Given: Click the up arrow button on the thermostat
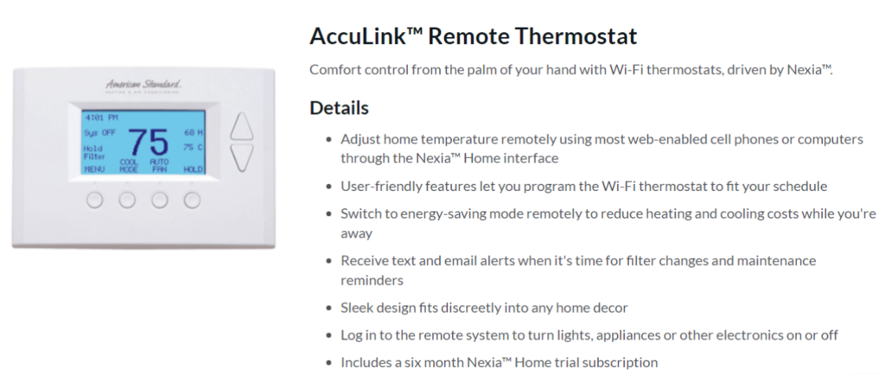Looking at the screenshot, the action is coord(242,126).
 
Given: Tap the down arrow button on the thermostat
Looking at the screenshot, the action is coord(242,157).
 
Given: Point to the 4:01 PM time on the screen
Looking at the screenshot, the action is coord(101,118).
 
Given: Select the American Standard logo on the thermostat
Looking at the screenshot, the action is coord(143,86).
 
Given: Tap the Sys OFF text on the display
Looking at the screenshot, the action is coord(99,134).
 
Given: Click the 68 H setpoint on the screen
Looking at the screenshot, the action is coord(193,133).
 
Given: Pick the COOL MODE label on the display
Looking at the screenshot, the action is coord(129,166).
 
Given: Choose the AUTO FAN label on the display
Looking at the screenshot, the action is coord(159,166).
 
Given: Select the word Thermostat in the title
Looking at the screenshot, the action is coord(568,36).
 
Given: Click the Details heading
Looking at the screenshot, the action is coord(339,108).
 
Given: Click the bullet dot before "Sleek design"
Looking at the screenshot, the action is coord(329,308).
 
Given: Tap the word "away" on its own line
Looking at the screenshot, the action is coord(357,234).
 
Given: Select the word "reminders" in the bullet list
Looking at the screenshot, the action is coord(372,281).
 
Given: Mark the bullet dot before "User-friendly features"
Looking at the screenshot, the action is coord(329,186).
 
